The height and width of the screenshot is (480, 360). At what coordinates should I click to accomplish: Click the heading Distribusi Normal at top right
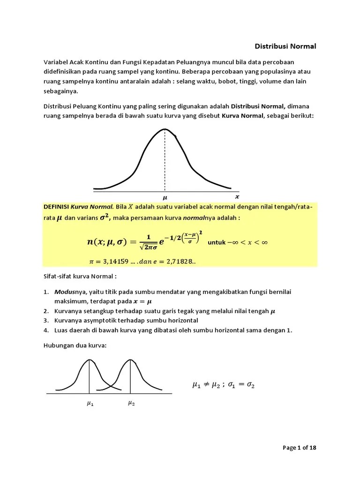click(285, 46)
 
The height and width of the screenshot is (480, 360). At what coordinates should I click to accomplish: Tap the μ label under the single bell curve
click(165, 198)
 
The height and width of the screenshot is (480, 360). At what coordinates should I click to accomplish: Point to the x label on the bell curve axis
click(237, 197)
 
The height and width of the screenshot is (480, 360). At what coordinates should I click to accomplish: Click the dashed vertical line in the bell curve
click(165, 159)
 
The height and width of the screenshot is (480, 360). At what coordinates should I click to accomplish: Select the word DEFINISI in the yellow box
click(56, 207)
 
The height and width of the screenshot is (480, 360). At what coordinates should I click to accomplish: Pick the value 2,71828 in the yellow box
click(178, 261)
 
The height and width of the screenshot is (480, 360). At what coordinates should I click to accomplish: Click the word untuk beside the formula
click(216, 242)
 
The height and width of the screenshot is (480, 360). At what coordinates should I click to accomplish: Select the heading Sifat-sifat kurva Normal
click(80, 277)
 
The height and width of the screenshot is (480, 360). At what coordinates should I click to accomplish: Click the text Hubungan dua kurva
click(75, 345)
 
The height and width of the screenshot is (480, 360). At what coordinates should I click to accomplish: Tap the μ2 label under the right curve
click(131, 403)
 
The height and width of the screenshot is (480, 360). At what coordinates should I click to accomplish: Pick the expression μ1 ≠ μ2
click(206, 385)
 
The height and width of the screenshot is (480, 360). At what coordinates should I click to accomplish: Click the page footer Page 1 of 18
click(300, 448)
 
